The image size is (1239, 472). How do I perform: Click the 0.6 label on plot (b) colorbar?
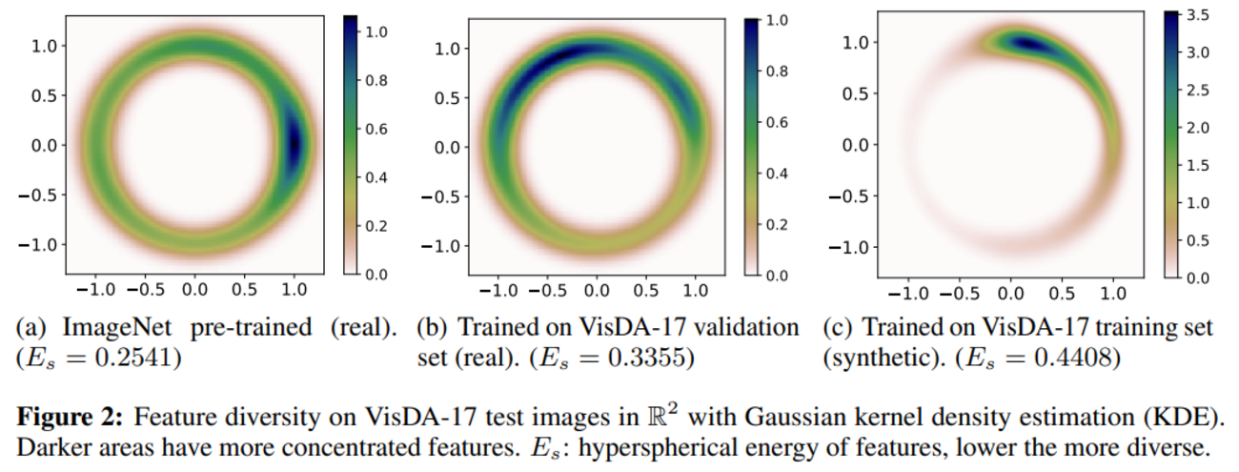click(x=780, y=122)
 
